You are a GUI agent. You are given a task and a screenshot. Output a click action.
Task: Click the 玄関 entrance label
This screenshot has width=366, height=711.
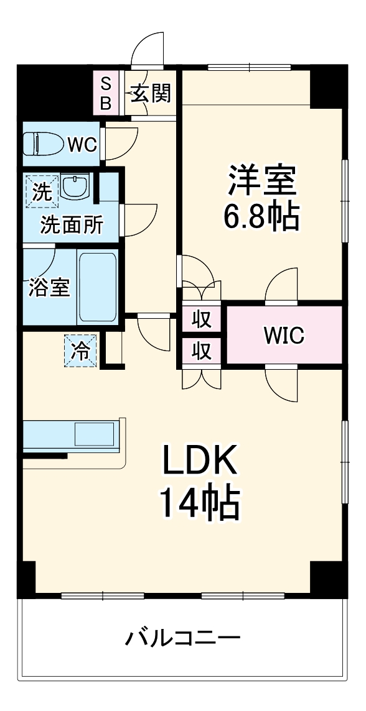click(150, 94)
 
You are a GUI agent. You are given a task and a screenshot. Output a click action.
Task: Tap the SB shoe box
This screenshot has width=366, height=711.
click(105, 93)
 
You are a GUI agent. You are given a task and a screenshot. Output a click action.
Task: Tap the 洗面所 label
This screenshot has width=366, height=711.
click(72, 225)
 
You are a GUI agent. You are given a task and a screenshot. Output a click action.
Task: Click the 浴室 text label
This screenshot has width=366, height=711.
click(49, 287)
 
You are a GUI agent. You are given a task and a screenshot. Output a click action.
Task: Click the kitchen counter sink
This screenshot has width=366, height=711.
click(95, 433)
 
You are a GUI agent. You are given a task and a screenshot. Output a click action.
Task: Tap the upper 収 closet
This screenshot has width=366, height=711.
click(201, 319)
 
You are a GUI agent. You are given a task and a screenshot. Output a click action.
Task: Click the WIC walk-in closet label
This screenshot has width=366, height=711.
click(284, 336)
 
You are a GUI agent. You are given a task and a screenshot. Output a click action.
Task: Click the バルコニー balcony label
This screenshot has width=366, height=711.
click(183, 639)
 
